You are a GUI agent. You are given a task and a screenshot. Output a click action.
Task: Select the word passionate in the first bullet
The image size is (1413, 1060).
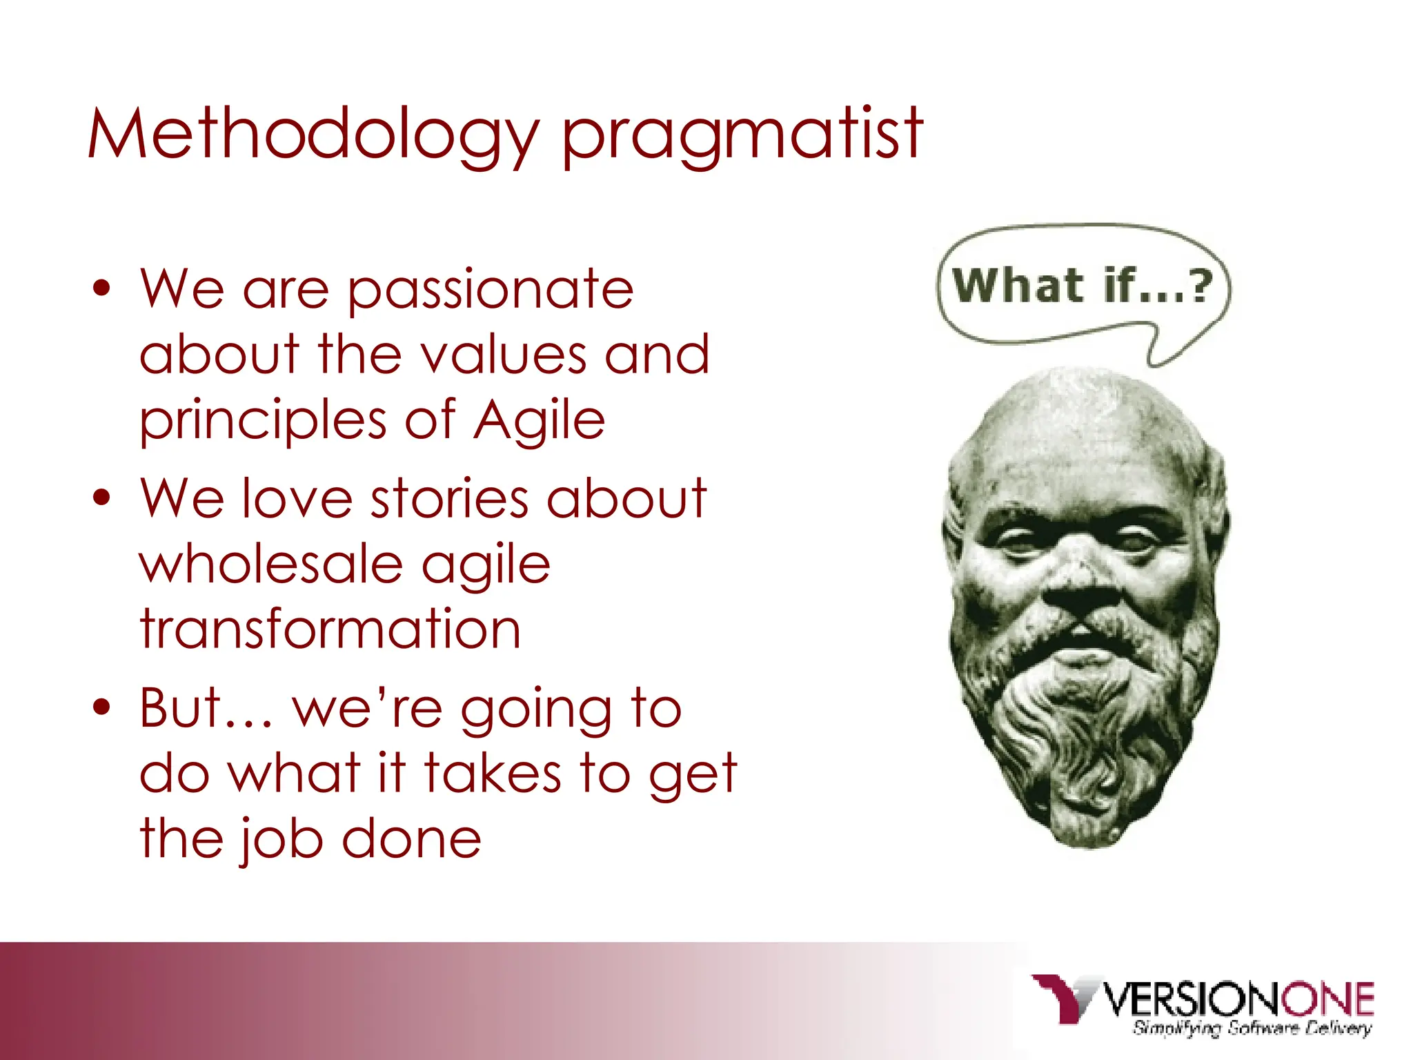point(490,290)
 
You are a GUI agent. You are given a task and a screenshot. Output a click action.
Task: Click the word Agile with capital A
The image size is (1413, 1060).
point(540,421)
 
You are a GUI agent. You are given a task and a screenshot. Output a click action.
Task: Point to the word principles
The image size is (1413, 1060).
point(263,421)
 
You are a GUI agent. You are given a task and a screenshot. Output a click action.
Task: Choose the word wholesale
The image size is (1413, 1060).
point(271,565)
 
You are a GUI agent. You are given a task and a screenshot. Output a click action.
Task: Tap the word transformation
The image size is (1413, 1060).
point(330,629)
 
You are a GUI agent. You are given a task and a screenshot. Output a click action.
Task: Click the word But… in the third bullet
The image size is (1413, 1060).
point(205,708)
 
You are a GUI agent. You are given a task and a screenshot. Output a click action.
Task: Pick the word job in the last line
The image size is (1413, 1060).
point(281,839)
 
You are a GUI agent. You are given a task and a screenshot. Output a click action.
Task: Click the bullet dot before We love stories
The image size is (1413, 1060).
point(102,498)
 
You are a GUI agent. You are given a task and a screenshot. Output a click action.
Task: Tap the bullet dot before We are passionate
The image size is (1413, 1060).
point(102,288)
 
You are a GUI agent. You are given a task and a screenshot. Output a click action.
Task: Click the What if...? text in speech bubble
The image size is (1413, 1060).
point(1081,285)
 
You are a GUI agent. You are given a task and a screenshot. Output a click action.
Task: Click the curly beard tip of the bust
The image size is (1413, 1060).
point(1083,814)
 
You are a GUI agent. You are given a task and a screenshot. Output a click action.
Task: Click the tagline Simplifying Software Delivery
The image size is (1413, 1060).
point(1251,1028)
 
